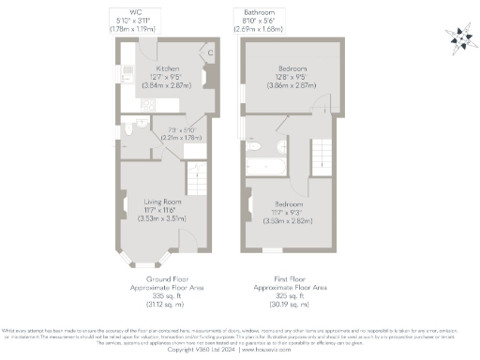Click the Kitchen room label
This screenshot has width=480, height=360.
click(x=168, y=68)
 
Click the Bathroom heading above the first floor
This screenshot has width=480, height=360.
click(x=259, y=10)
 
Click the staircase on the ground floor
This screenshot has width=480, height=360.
click(x=197, y=175)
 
